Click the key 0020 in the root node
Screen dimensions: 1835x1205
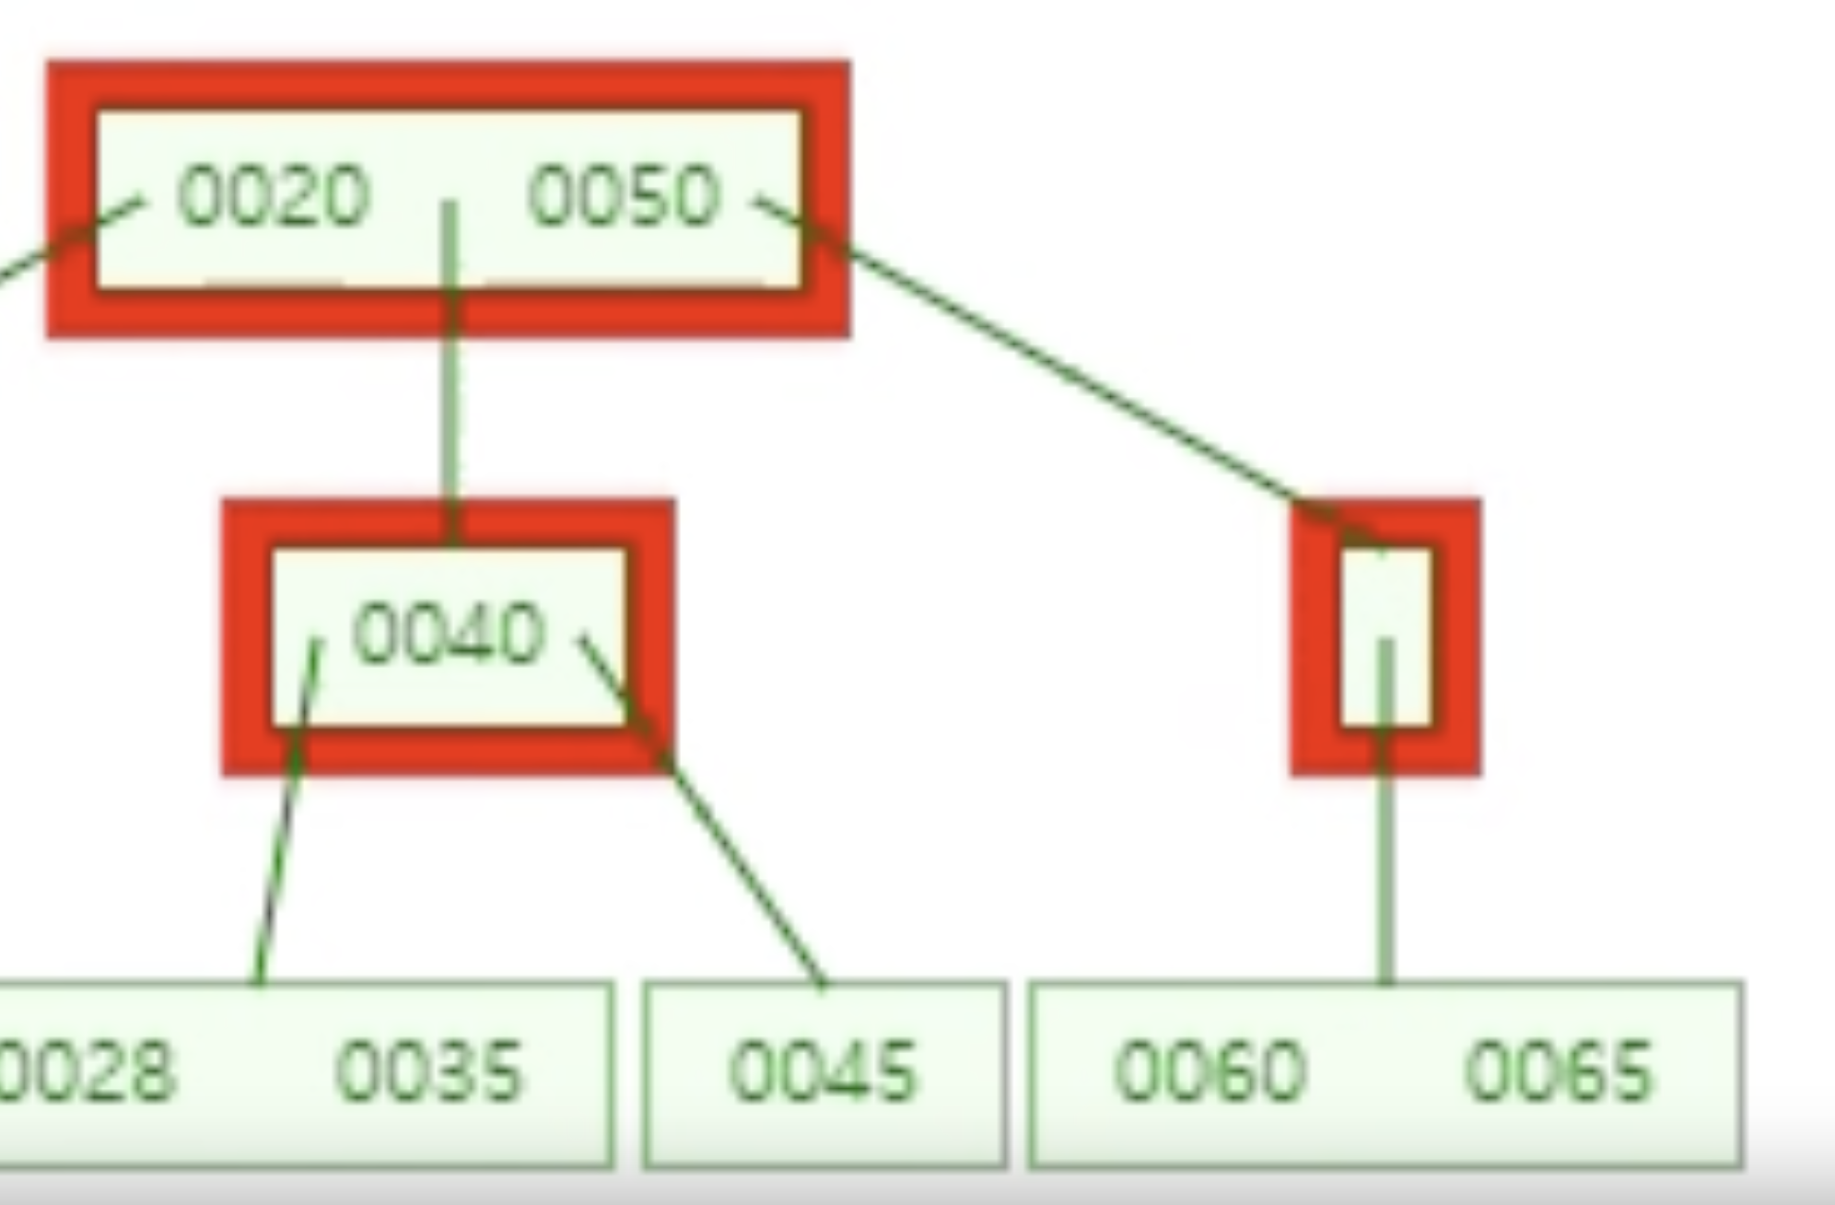pos(273,195)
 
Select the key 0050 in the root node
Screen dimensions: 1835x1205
pos(623,195)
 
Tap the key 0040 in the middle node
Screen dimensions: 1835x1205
pos(449,633)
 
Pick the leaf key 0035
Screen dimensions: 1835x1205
pos(429,1070)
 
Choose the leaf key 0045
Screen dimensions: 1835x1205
pos(823,1070)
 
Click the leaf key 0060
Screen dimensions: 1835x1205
pos(1210,1070)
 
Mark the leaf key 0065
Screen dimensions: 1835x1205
pos(1559,1070)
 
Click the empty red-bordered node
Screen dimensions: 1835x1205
pos(1385,636)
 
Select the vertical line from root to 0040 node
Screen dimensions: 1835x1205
pos(450,415)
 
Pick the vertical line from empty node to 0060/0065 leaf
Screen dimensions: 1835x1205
pos(1385,875)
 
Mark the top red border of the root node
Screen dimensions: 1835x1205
pos(449,85)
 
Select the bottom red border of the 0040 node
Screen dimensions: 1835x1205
pos(449,751)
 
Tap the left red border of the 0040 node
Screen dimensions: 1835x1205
pos(246,636)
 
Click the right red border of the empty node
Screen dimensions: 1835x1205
pos(1457,636)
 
